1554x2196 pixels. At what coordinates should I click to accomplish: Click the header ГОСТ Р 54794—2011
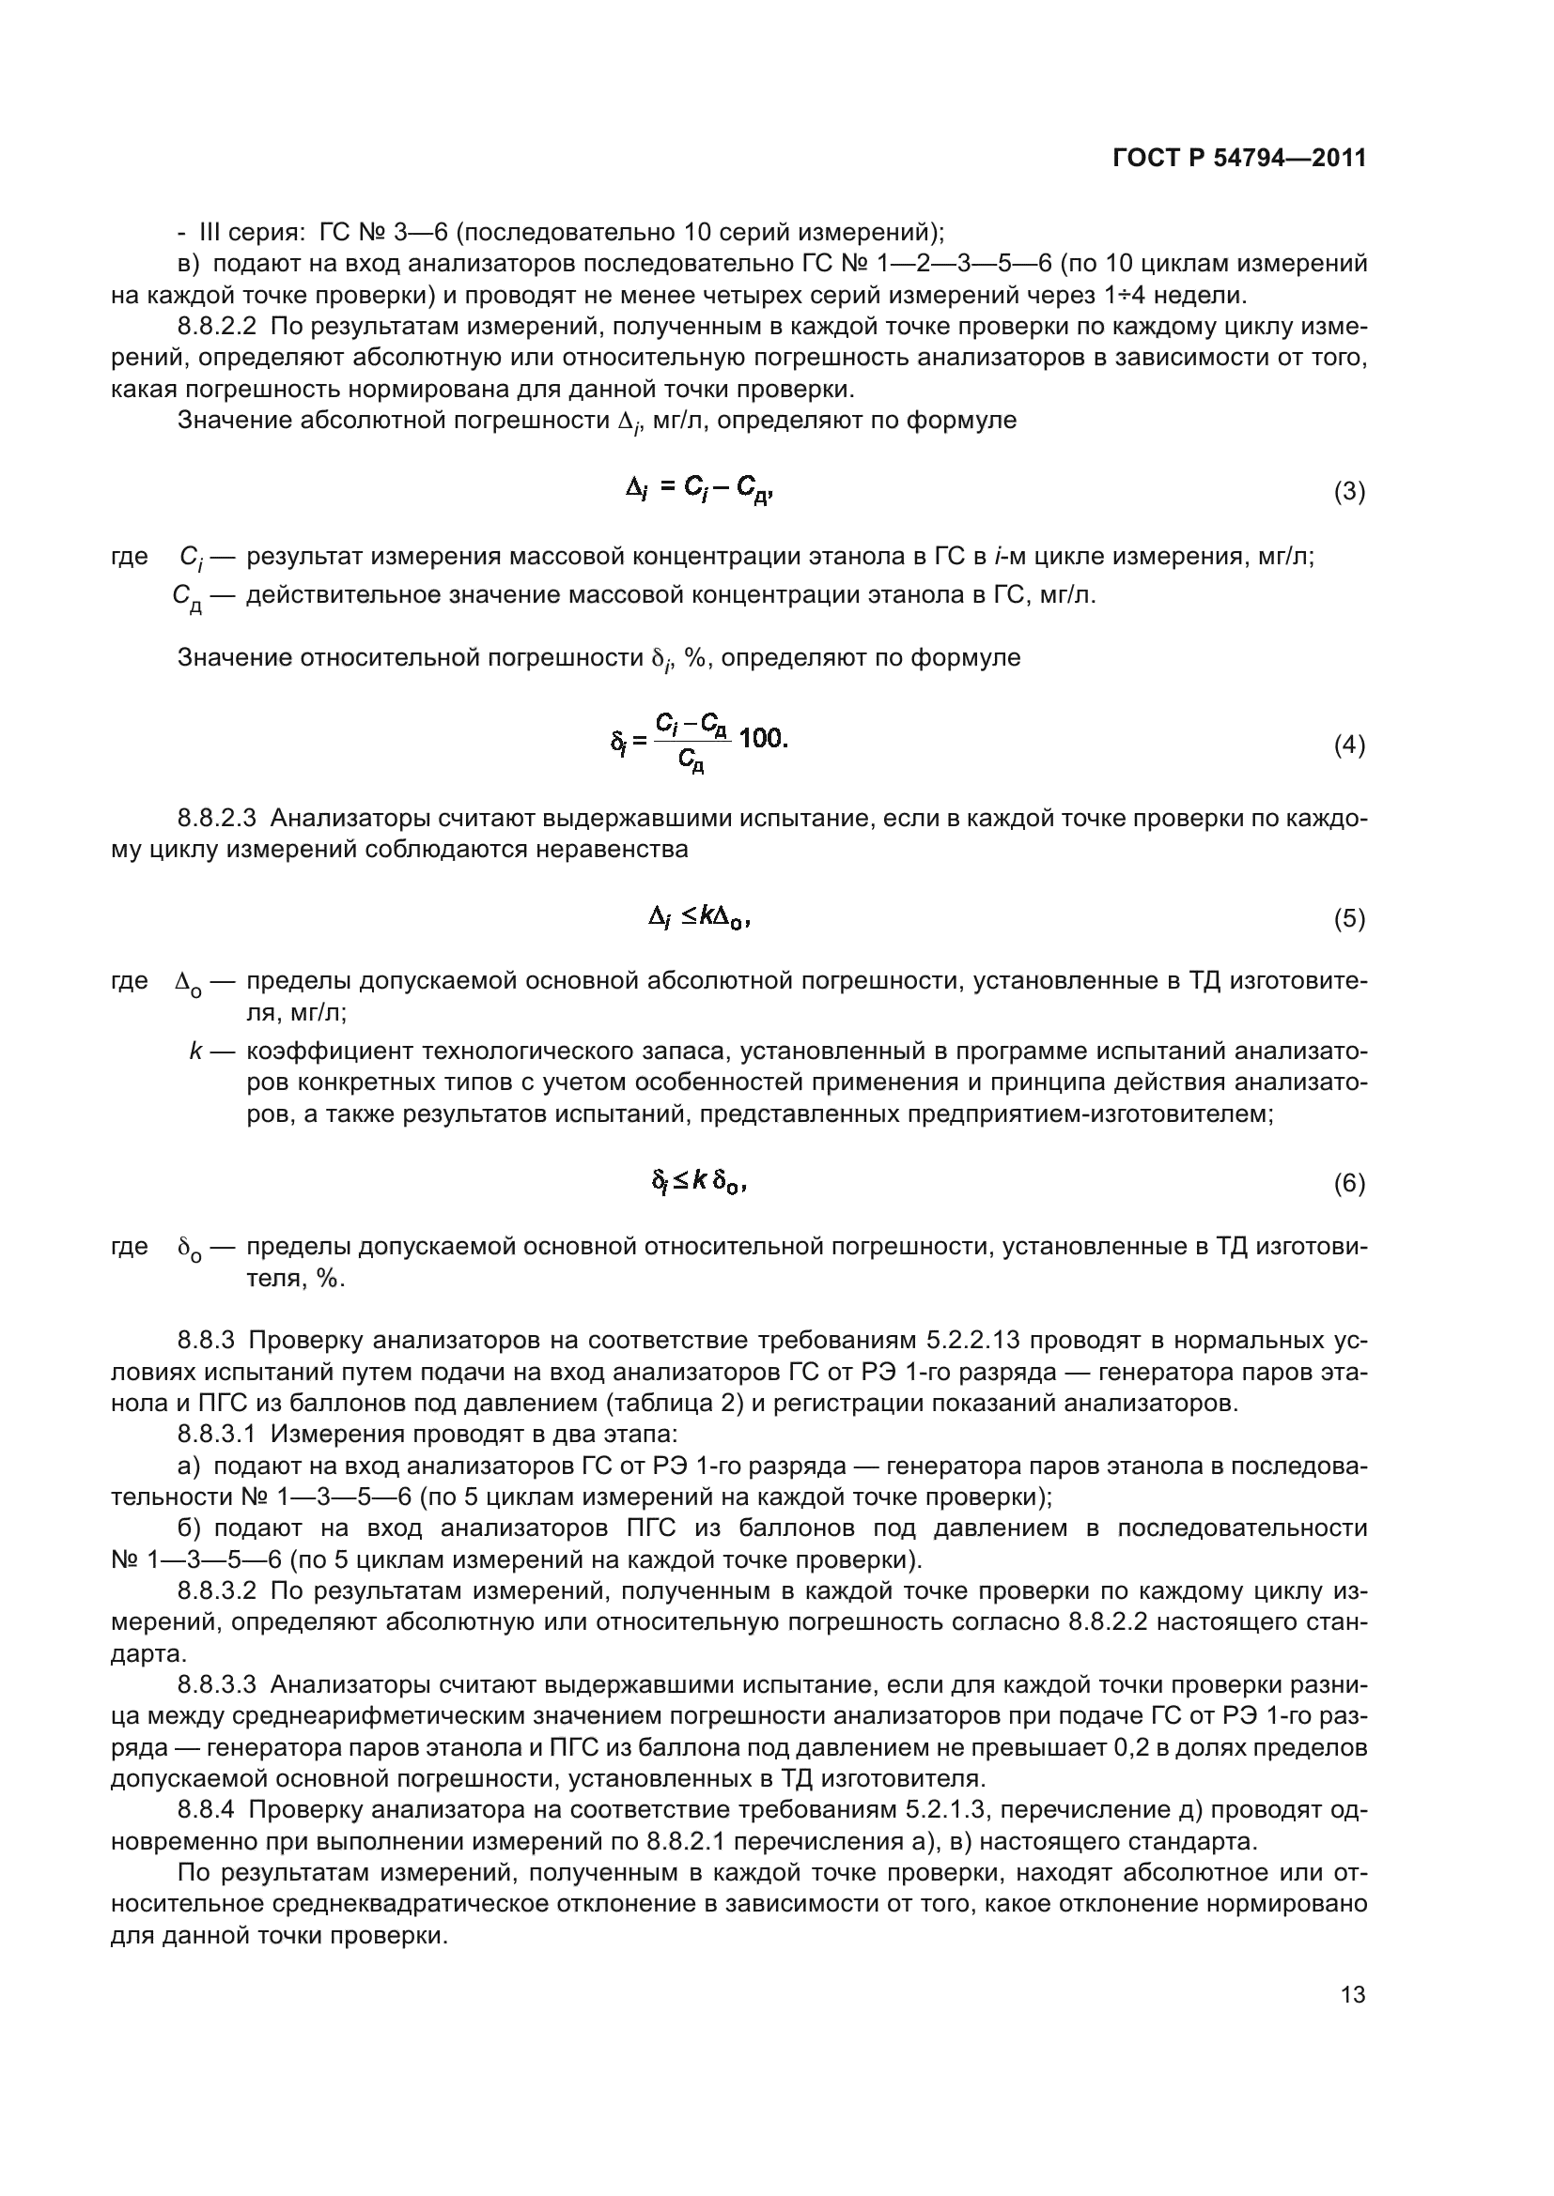pyautogui.click(x=1239, y=159)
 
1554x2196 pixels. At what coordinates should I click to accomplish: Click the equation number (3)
pyautogui.click(x=1349, y=492)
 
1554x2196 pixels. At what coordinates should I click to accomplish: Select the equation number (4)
pyautogui.click(x=1349, y=745)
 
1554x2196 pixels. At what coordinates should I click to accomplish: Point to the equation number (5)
pyautogui.click(x=1349, y=919)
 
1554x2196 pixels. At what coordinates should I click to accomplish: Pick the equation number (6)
pyautogui.click(x=1349, y=1184)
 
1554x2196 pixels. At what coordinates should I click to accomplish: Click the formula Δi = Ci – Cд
pyautogui.click(x=698, y=491)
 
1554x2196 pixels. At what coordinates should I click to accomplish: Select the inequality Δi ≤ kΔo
pyautogui.click(x=698, y=918)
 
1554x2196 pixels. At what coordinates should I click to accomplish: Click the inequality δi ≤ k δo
pyautogui.click(x=698, y=1184)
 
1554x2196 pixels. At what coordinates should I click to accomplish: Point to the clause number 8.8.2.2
pyautogui.click(x=217, y=327)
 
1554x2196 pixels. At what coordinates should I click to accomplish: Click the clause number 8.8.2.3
pyautogui.click(x=217, y=819)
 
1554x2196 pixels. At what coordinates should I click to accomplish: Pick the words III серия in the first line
pyautogui.click(x=252, y=233)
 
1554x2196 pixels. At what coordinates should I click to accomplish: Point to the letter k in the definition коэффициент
pyautogui.click(x=195, y=1052)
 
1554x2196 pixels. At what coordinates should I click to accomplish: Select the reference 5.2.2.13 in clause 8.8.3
pyautogui.click(x=980, y=1340)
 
